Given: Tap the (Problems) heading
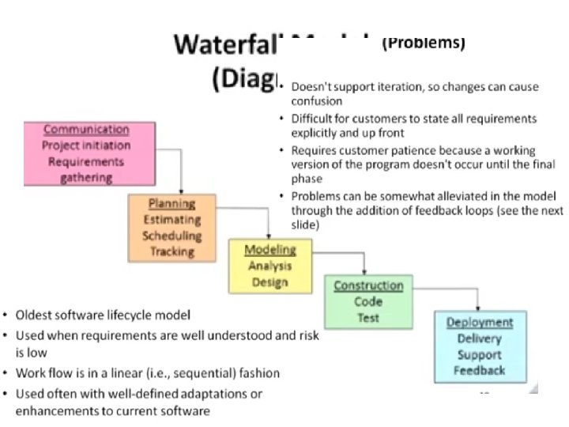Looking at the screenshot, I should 423,43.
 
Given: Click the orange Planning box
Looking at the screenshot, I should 171,228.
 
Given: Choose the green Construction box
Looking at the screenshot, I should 368,301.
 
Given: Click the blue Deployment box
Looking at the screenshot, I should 480,346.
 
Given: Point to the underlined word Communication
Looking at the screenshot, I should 86,130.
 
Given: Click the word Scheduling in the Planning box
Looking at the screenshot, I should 172,236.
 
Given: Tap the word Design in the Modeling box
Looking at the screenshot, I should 270,282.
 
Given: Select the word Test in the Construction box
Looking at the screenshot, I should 368,317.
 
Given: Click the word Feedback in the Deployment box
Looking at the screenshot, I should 480,370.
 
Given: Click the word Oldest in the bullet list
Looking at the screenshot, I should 37,315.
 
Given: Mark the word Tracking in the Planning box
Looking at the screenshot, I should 172,251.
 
